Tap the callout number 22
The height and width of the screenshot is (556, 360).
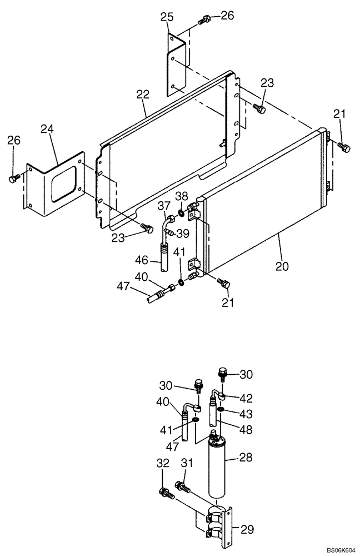[143, 95]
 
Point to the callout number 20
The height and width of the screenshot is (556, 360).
[282, 266]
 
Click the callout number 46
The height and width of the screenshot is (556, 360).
[141, 260]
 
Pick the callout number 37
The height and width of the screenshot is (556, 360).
[163, 206]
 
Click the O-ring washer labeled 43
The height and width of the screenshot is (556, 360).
[220, 410]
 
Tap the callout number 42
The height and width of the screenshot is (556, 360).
[245, 398]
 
